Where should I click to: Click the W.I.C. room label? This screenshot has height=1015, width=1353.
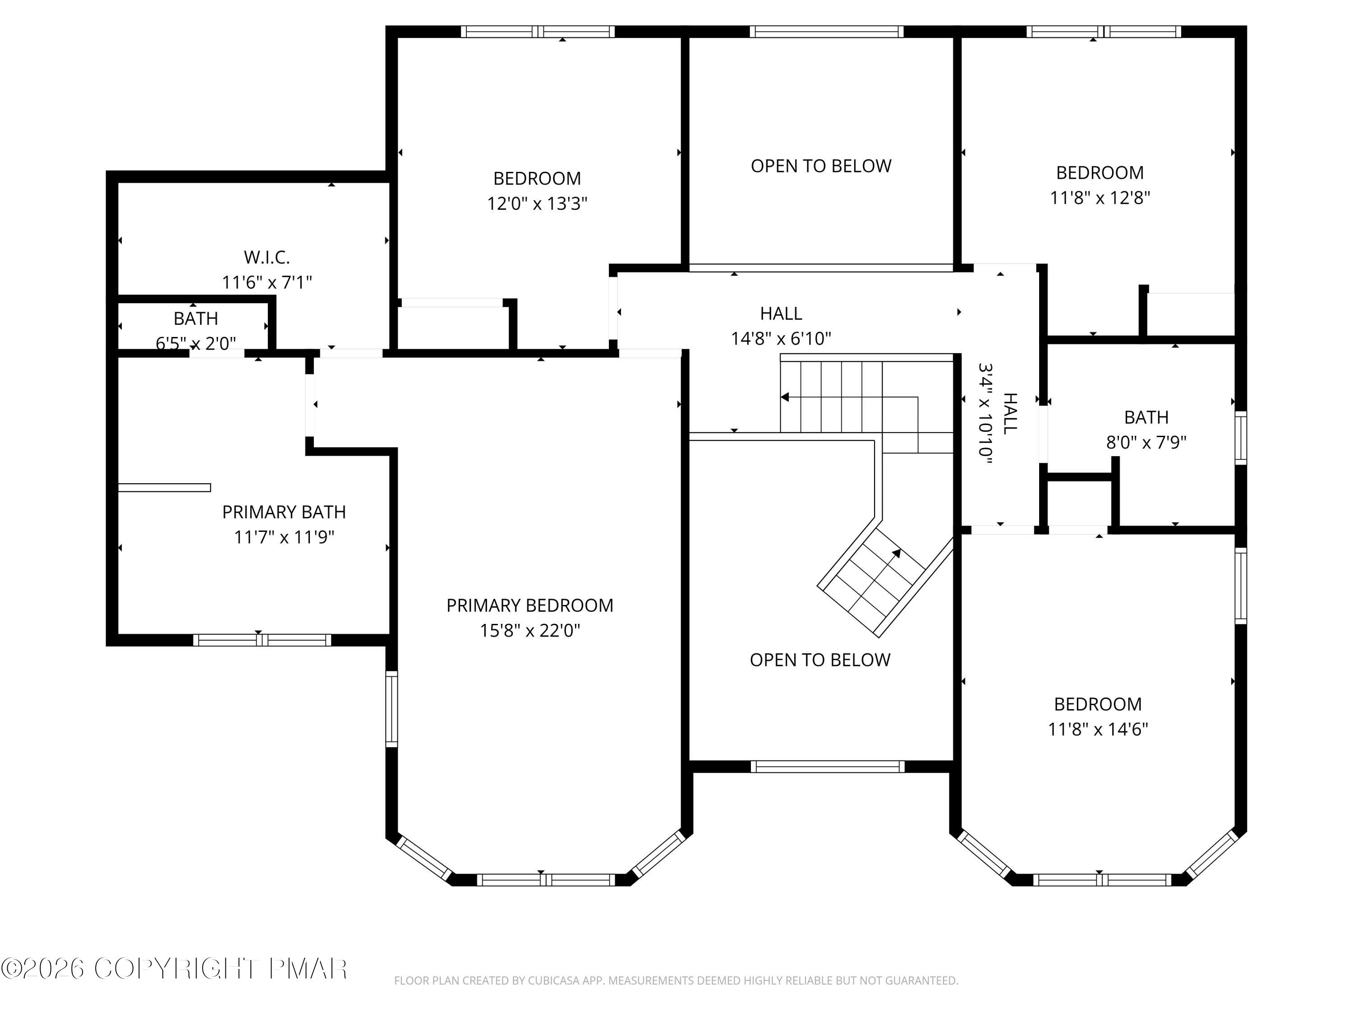[x=267, y=258]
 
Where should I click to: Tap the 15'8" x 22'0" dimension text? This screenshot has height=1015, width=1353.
[x=530, y=631]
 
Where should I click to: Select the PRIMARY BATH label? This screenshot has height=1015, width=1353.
[x=284, y=512]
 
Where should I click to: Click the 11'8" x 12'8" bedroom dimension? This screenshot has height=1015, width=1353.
[x=1100, y=198]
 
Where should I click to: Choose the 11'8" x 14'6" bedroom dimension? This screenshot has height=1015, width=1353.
[x=1098, y=730]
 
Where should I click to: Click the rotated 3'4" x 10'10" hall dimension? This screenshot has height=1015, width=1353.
[x=985, y=414]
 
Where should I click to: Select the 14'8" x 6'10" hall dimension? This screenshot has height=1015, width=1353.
[x=781, y=338]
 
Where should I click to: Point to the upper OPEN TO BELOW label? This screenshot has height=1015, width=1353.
[x=821, y=166]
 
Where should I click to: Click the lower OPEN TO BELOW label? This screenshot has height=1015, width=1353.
[x=820, y=660]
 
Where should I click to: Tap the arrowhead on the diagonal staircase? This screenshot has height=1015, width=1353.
[x=896, y=553]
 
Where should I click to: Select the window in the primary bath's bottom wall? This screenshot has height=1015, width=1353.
[x=262, y=640]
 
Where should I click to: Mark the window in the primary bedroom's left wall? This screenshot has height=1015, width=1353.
[x=391, y=709]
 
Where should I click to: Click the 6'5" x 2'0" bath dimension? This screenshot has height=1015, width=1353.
[x=196, y=344]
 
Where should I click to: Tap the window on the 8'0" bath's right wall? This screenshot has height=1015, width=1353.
[x=1240, y=438]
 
